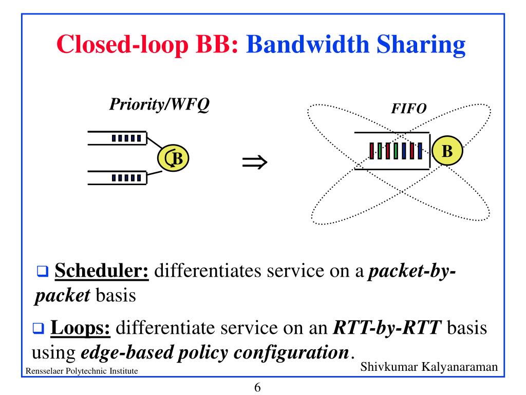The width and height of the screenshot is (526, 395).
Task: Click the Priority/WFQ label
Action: [x=159, y=104]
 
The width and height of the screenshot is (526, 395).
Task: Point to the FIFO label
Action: [x=409, y=109]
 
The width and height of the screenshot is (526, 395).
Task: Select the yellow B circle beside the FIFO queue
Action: [x=447, y=151]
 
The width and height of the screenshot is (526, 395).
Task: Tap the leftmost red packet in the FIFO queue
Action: [x=372, y=150]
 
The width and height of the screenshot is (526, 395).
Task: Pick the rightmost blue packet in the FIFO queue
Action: [x=420, y=150]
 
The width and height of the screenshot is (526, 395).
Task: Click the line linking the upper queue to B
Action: [x=155, y=144]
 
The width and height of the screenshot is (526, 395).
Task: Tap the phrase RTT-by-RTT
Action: [x=388, y=328]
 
